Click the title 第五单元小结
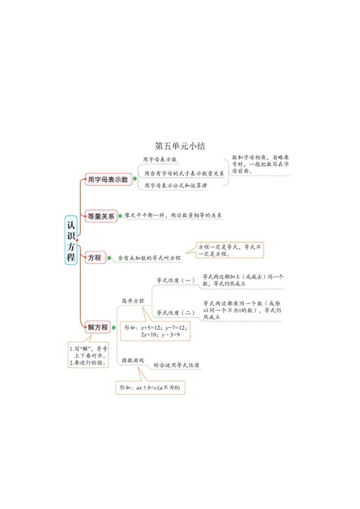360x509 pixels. click(x=180, y=146)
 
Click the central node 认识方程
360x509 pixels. click(x=71, y=241)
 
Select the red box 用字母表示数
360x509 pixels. click(x=108, y=180)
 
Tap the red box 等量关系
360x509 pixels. click(x=101, y=216)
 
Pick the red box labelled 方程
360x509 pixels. click(x=95, y=258)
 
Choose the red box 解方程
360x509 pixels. click(x=97, y=327)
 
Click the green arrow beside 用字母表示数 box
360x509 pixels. click(x=135, y=179)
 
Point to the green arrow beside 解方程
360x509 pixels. click(x=114, y=328)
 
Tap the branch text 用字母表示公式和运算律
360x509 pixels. click(x=175, y=186)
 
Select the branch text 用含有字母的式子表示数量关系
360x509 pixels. click(x=184, y=173)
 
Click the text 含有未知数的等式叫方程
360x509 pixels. click(x=149, y=258)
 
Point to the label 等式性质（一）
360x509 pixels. click(x=175, y=281)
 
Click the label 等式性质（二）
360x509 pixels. click(x=175, y=313)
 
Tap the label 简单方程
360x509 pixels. click(x=133, y=301)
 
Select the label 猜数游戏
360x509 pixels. click(x=133, y=360)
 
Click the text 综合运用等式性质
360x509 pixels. click(x=176, y=365)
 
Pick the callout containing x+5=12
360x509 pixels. click(x=155, y=331)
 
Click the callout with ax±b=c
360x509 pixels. click(x=150, y=388)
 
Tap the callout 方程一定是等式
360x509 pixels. click(x=230, y=250)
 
